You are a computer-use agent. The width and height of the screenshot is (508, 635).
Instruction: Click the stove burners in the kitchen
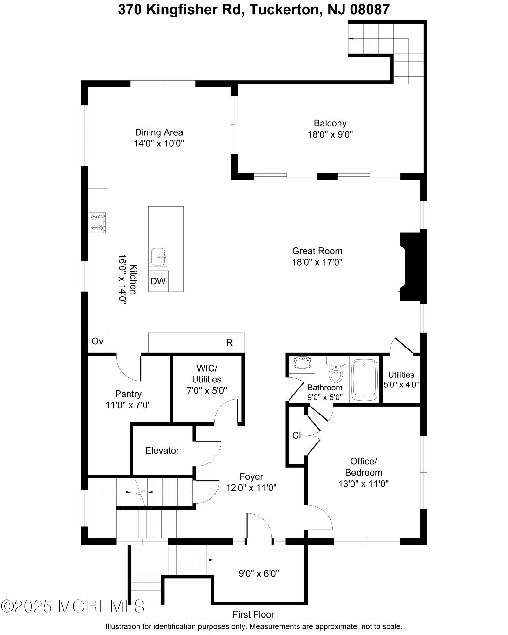pos(98,222)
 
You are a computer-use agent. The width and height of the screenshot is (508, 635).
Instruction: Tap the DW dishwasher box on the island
pos(158,281)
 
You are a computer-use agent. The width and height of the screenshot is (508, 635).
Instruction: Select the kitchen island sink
pos(158,257)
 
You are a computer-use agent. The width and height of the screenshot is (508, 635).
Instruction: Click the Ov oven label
pos(97,341)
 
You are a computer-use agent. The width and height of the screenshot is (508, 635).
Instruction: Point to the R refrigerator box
pos(230,343)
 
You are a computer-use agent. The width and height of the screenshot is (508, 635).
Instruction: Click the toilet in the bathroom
pos(336,372)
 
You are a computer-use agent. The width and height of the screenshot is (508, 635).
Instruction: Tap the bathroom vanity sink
pos(302,363)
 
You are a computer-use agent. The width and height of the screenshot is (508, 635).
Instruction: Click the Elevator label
pos(162,450)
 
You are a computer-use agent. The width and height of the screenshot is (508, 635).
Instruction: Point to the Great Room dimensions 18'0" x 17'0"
pos(317,262)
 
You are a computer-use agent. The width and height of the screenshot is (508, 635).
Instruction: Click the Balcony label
pos(330,123)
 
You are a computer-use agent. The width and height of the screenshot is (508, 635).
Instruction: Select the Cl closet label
pos(297,436)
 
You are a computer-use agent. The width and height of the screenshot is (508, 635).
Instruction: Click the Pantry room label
pos(128,394)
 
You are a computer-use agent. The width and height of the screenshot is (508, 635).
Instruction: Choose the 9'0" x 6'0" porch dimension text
pos(259,573)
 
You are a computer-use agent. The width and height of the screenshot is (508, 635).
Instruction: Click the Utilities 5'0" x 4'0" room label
pos(401,380)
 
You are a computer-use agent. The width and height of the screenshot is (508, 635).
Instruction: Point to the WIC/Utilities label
pos(207,374)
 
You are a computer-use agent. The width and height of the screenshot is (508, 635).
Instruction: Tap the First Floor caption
pos(253,615)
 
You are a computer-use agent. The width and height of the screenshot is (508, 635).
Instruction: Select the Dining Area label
pos(159,132)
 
